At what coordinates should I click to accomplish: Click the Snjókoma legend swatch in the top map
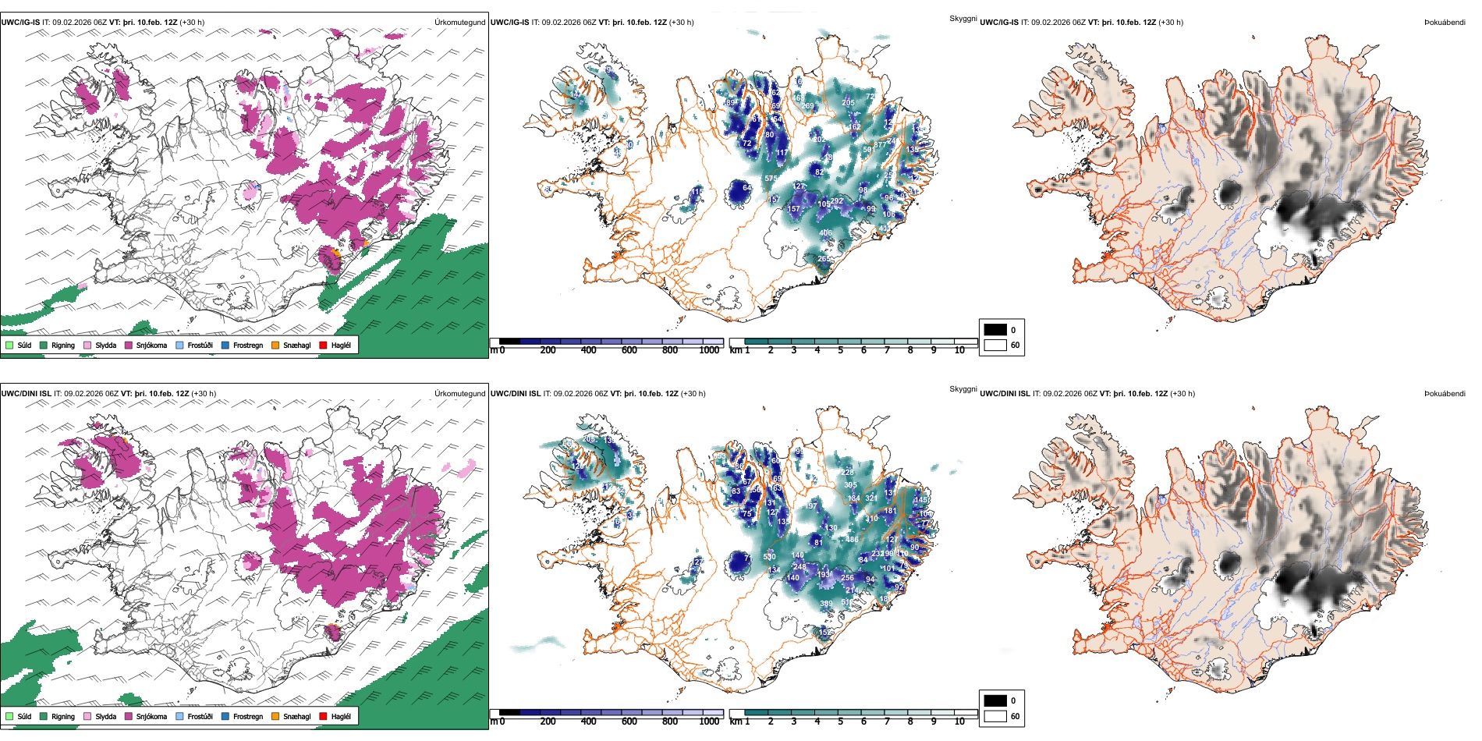(x=129, y=345)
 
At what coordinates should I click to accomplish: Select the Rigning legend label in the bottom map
(x=63, y=716)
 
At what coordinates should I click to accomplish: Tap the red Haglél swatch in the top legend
(x=323, y=345)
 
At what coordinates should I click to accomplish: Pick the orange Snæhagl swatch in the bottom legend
(x=275, y=716)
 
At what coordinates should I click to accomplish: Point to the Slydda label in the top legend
(x=105, y=345)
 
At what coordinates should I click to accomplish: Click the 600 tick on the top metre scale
(x=629, y=350)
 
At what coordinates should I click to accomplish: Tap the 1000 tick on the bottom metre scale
(x=709, y=721)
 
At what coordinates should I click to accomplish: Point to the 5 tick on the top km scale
(x=841, y=350)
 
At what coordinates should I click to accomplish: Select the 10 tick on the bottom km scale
(x=959, y=721)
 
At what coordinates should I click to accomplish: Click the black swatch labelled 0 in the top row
(x=995, y=330)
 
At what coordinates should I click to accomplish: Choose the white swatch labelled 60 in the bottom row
(x=995, y=715)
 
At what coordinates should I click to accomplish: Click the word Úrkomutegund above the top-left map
(x=459, y=22)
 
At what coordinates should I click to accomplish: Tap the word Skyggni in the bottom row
(x=963, y=388)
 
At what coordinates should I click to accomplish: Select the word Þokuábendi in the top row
(x=1445, y=22)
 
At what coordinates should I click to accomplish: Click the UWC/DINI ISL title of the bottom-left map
(x=26, y=393)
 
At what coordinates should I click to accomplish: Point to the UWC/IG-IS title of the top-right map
(x=999, y=22)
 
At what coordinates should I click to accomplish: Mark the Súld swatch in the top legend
(x=9, y=345)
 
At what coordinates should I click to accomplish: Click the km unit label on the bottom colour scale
(x=735, y=721)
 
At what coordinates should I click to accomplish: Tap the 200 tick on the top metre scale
(x=548, y=350)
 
